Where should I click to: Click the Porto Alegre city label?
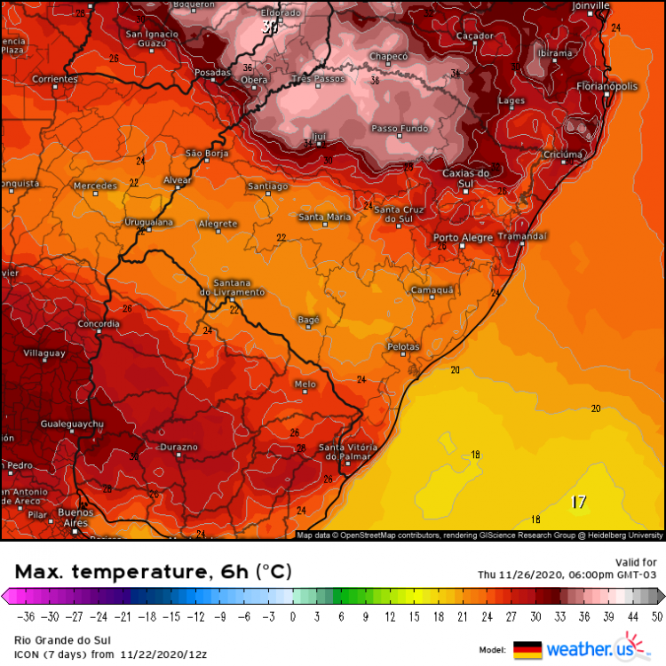pyautogui.click(x=462, y=237)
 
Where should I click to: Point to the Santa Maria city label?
pyautogui.click(x=324, y=217)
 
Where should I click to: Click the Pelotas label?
pyautogui.click(x=404, y=345)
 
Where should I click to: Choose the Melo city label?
pyautogui.click(x=305, y=384)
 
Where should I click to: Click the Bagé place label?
pyautogui.click(x=307, y=319)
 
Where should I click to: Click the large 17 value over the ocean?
pyautogui.click(x=579, y=503)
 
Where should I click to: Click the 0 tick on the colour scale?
pyautogui.click(x=292, y=616)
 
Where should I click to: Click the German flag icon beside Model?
pyautogui.click(x=527, y=649)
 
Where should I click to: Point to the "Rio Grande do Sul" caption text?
pyautogui.click(x=55, y=638)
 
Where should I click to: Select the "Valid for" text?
pyautogui.click(x=636, y=561)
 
